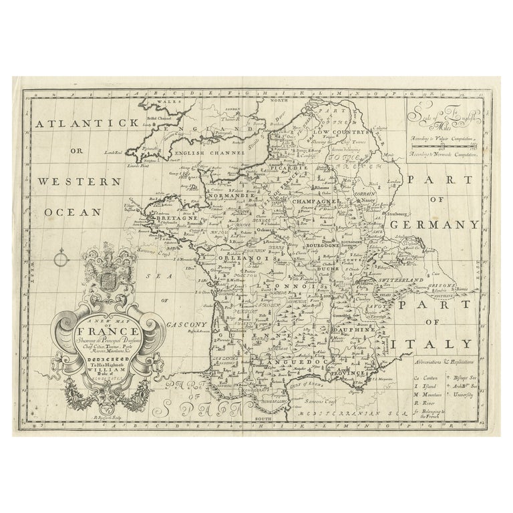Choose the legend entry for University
[462, 395]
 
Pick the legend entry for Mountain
[425, 395]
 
